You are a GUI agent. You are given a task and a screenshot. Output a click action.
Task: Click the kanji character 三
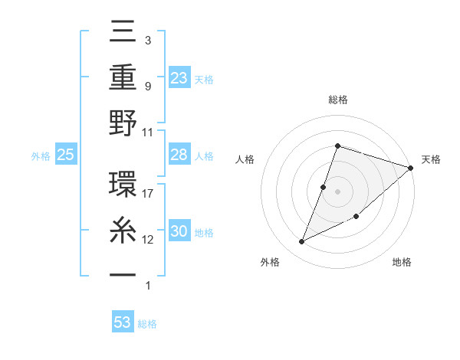[x=123, y=33]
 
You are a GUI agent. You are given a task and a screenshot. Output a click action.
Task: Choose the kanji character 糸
[x=123, y=230]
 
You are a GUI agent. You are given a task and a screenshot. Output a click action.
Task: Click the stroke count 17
[x=148, y=194]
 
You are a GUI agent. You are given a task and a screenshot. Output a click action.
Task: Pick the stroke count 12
[x=148, y=240]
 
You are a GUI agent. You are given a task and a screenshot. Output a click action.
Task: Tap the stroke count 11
[x=148, y=132]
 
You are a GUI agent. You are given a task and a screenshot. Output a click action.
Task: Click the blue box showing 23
[x=179, y=77]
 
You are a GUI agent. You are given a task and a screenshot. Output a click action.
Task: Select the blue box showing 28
[x=179, y=155]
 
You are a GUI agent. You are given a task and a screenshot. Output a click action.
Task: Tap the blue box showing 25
[x=66, y=155]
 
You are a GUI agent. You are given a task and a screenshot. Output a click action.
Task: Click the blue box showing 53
[x=123, y=322]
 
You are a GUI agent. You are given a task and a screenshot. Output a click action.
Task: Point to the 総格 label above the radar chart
[x=337, y=100]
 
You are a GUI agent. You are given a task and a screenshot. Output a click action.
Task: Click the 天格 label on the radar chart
[x=431, y=159]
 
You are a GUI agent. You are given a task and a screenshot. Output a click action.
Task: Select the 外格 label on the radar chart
[x=269, y=262]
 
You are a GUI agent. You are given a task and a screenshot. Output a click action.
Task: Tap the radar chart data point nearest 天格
[x=411, y=168]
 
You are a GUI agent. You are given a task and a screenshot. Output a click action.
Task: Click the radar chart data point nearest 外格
[x=302, y=241]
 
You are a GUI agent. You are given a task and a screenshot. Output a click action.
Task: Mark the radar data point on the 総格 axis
[x=337, y=146]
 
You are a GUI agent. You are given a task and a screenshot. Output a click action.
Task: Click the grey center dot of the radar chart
[x=337, y=191]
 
